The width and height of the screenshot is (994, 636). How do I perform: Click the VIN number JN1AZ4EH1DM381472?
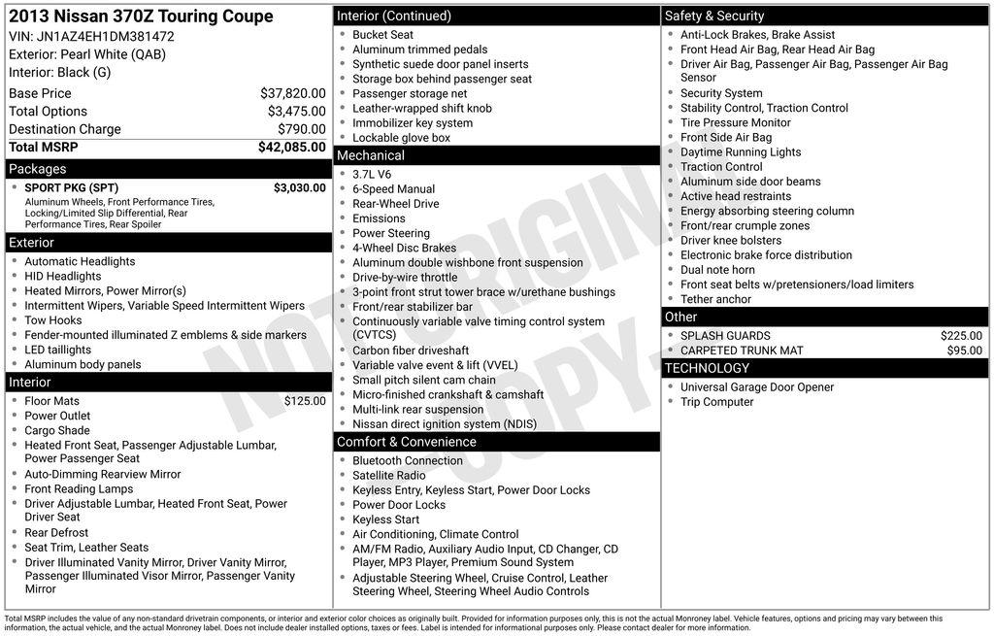click(91, 36)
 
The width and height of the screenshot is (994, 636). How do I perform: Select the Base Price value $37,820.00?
click(292, 93)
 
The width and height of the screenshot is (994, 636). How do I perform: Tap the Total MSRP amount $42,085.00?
click(291, 148)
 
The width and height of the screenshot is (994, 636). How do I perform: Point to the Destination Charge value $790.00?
click(301, 129)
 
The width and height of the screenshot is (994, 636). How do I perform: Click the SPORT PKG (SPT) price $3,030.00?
click(299, 187)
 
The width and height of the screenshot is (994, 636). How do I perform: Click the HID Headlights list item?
click(62, 277)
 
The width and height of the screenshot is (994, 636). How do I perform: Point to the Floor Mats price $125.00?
click(305, 401)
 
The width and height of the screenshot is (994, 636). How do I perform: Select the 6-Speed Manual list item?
click(393, 189)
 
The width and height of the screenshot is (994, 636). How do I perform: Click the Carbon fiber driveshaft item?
click(410, 351)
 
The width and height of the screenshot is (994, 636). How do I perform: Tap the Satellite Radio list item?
click(388, 476)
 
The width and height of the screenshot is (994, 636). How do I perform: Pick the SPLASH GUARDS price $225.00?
click(961, 336)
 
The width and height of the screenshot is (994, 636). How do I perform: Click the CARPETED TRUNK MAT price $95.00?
click(964, 351)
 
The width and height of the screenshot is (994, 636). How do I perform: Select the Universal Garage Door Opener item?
click(756, 387)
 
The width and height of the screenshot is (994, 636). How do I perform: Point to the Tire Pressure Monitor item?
click(735, 122)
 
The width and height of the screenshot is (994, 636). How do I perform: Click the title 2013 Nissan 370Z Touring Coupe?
click(141, 17)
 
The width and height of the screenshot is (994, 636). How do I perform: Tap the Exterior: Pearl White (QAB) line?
click(87, 54)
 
